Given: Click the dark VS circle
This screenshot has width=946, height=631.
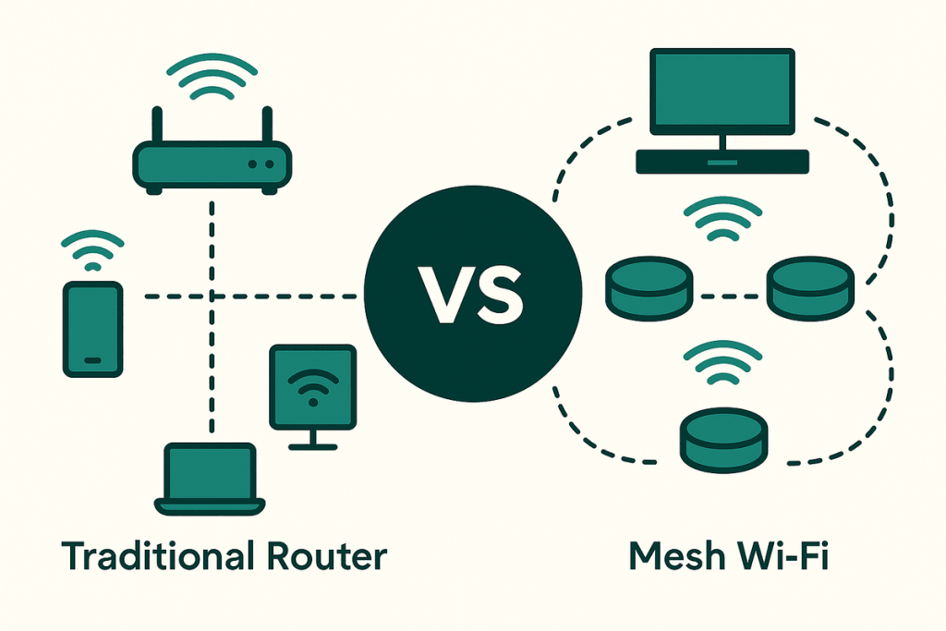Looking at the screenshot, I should point(473,296).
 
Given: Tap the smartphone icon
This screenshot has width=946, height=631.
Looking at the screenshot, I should point(92,329).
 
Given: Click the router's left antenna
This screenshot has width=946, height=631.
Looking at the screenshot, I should point(157,126).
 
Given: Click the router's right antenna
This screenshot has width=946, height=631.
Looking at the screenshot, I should point(267,126).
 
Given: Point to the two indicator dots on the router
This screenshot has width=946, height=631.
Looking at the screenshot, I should point(261,164).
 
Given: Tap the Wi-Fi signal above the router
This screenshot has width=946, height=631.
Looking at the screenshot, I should point(212,78).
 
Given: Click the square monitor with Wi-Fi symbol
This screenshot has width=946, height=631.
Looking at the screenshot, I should point(312,387).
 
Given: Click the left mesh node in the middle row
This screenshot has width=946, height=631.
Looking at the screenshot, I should point(649,285).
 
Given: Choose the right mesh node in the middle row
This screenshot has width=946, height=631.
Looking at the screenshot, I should point(811,285).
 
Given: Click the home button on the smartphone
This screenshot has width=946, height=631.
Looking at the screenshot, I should point(92,359).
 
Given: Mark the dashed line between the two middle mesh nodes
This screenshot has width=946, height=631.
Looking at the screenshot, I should point(729,297).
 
